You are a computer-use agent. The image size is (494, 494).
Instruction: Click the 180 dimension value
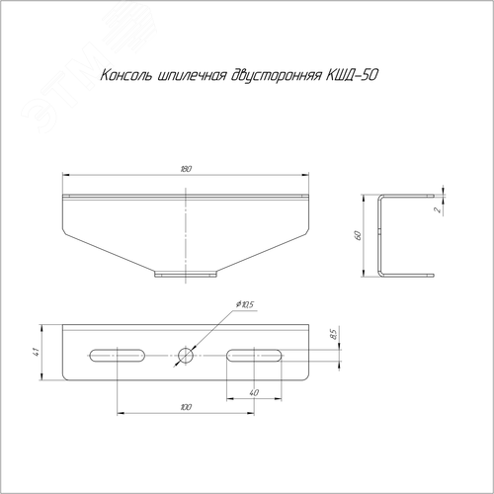(186, 169)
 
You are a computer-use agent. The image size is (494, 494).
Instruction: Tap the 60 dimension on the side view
(358, 235)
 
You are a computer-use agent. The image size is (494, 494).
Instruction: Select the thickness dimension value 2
(438, 209)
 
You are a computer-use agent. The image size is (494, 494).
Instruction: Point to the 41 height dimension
(37, 352)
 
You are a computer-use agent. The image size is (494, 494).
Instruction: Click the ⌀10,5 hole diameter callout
(245, 304)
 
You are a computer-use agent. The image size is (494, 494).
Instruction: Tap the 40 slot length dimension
(254, 392)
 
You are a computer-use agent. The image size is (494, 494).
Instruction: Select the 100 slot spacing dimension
(186, 407)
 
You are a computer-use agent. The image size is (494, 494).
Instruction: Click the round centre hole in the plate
(186, 356)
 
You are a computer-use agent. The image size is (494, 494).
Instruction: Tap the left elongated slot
(118, 356)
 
